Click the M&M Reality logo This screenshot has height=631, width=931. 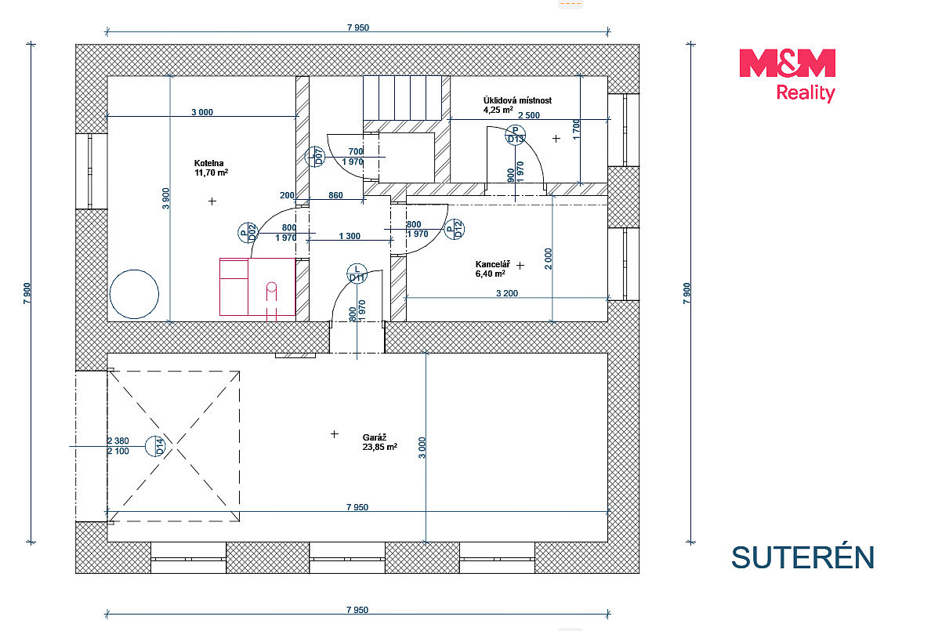[788, 75]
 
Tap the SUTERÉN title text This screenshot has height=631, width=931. [802, 558]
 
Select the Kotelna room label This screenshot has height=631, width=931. [209, 163]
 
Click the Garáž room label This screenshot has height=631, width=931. [375, 437]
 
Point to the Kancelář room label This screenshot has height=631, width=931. [492, 264]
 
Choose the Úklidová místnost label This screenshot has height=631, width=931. [517, 100]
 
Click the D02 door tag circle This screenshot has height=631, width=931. [248, 233]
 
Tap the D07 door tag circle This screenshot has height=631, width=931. [315, 157]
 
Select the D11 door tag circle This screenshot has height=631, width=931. [357, 274]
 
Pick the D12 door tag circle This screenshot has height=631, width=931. [455, 229]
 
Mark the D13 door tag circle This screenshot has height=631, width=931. [516, 135]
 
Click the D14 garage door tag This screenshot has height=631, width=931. [156, 446]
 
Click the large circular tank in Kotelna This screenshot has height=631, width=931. [134, 294]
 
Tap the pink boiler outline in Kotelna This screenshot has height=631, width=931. [257, 287]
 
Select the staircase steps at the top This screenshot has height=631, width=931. [402, 98]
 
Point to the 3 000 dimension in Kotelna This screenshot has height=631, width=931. [202, 112]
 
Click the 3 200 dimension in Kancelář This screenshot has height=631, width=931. [507, 293]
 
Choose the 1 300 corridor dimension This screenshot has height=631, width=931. [350, 236]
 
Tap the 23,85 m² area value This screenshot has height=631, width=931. [380, 447]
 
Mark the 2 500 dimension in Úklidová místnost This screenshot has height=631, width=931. [529, 115]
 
